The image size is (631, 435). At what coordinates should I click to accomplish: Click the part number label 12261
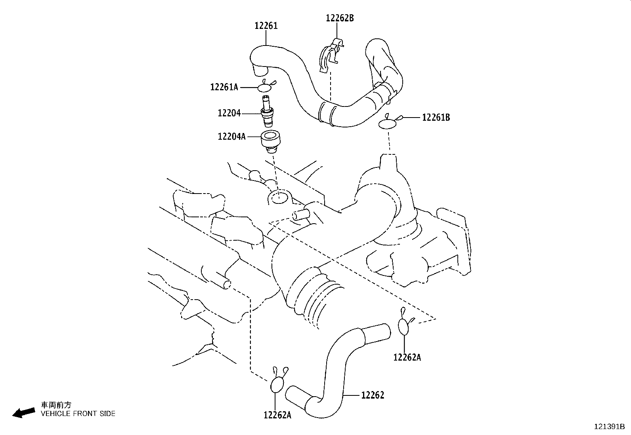click(266, 26)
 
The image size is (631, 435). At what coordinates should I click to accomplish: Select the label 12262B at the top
click(340, 18)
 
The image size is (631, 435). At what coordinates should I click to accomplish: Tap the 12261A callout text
click(224, 87)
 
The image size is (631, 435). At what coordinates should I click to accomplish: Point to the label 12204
click(229, 113)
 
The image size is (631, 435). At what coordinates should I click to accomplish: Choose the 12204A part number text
click(231, 137)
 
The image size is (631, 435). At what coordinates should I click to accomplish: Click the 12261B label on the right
click(436, 117)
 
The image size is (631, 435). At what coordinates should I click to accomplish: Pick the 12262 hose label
click(373, 395)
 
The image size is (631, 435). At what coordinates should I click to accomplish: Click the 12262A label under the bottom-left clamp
click(277, 415)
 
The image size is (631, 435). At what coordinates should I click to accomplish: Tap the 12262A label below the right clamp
click(407, 357)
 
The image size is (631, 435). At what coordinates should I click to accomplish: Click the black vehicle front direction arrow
click(24, 412)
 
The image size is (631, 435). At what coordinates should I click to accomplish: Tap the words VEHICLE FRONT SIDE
click(78, 414)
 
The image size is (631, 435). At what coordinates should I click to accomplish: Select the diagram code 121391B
click(609, 427)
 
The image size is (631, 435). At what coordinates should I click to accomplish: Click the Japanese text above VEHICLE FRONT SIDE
click(56, 405)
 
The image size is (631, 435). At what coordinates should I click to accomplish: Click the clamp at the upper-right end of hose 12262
click(405, 322)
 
